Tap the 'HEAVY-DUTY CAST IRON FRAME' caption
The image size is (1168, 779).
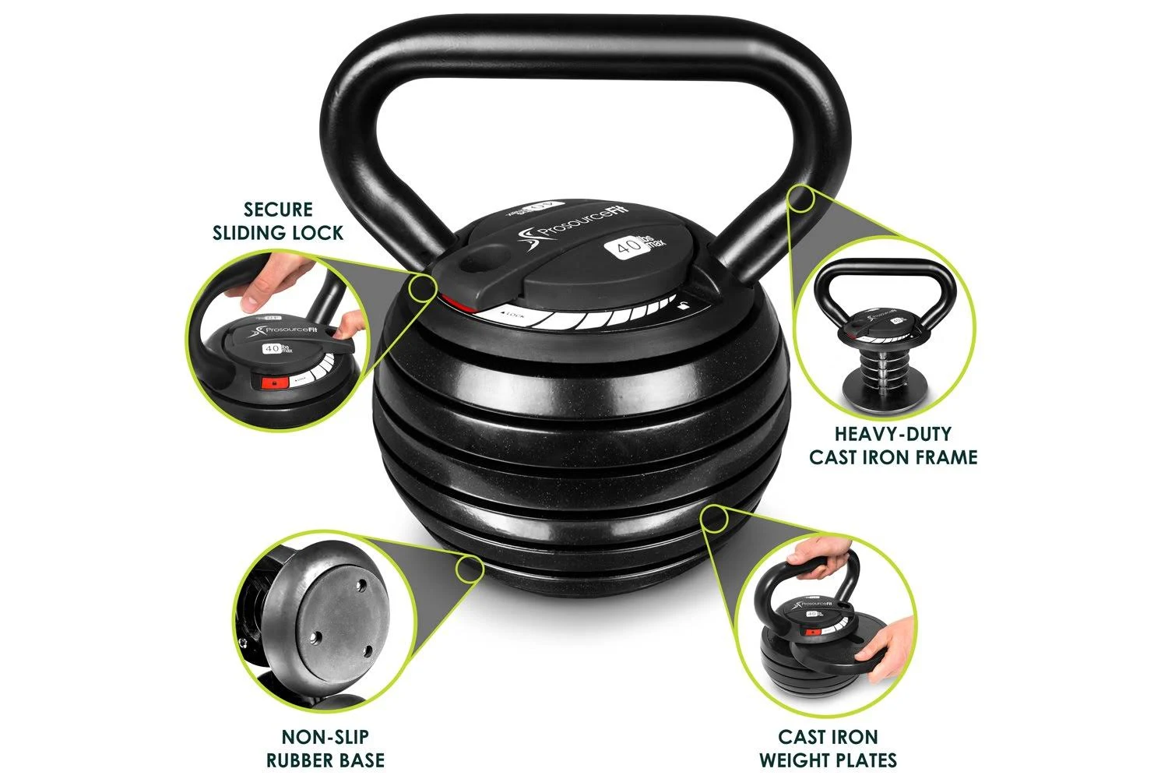coord(893,445)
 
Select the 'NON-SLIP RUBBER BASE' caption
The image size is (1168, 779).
coord(325,748)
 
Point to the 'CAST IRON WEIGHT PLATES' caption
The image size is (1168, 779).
coord(828,748)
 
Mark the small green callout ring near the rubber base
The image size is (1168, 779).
coord(469,569)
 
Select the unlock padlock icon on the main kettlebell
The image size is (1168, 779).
coord(683,305)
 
